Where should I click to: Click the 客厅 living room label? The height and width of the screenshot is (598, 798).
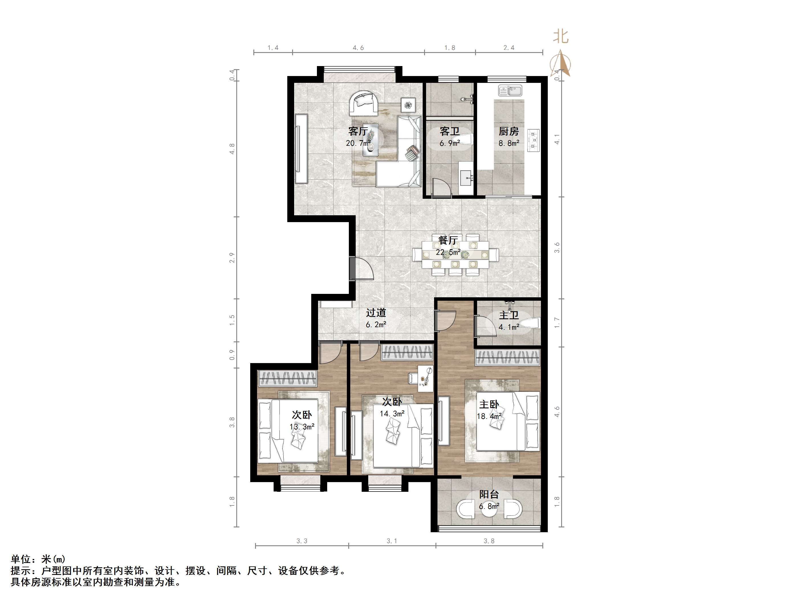358,131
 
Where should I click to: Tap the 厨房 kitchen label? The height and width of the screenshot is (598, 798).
509,131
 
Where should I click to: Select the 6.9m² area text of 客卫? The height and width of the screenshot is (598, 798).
449,143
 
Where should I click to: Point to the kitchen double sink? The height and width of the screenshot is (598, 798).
510,91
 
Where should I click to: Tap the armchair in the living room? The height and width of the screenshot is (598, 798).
363,103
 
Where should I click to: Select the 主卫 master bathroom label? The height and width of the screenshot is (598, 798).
509,316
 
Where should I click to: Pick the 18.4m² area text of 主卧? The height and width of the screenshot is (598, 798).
489,416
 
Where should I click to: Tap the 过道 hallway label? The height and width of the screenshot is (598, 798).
376,312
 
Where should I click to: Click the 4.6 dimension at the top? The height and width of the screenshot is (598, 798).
358,48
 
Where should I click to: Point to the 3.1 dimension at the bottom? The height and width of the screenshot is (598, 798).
392,541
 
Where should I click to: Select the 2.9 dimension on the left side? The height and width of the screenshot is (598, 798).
232,258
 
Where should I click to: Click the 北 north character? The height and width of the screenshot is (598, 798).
561,36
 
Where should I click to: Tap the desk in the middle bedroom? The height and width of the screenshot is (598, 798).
425,378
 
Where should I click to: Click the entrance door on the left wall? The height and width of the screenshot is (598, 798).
352,268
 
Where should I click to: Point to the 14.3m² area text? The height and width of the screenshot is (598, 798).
392,413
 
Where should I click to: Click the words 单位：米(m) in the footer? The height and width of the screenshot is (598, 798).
38,559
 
